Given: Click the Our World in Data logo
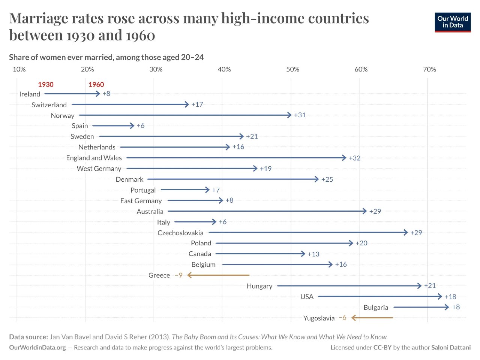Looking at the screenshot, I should click(453, 22).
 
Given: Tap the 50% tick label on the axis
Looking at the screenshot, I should click(292, 69).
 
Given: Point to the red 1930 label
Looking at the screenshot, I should click(46, 85).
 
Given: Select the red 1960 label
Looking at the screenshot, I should click(96, 85).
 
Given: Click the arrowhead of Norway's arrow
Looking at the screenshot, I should click(289, 115).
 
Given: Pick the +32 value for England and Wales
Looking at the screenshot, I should click(354, 158).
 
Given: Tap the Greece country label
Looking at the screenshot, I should click(159, 275).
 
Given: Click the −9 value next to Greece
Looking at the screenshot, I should click(178, 275).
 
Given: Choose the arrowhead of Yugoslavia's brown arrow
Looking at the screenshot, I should click(353, 318).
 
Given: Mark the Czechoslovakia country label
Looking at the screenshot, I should click(180, 233).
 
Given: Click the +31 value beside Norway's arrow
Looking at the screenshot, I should click(300, 115).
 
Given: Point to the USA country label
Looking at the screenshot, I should click(307, 297).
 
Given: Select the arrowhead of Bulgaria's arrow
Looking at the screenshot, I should click(447, 307).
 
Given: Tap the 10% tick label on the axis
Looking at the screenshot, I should click(19, 69).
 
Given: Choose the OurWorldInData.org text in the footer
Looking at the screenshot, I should click(37, 348).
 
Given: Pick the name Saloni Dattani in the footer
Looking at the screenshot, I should click(451, 348).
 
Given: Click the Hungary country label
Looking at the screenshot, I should click(259, 286).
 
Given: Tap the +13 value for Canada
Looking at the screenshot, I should click(313, 254).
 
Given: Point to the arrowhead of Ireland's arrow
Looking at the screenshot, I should click(98, 94).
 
